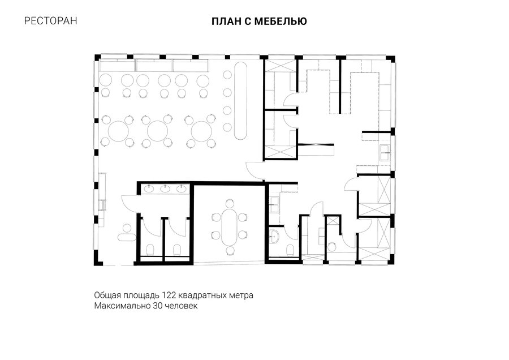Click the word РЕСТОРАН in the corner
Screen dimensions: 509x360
[51, 21]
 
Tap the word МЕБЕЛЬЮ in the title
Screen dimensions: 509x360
[281, 22]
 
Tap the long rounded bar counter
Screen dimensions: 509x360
[240, 101]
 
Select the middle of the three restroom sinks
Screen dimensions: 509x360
[166, 188]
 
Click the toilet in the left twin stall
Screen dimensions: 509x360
[150, 250]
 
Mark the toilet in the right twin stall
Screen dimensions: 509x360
[177, 250]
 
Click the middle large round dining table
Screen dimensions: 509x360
[157, 131]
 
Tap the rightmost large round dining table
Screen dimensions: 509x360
[201, 131]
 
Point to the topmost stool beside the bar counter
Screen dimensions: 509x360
[227, 75]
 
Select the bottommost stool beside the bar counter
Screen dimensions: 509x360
[227, 127]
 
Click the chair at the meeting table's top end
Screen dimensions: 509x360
[230, 203]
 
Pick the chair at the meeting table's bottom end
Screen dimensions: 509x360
[230, 250]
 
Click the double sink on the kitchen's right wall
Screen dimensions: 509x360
[386, 153]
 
